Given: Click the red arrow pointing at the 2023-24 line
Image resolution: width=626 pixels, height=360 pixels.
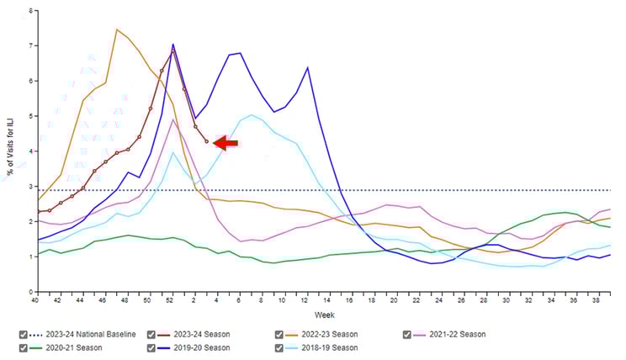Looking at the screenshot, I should click(225, 144).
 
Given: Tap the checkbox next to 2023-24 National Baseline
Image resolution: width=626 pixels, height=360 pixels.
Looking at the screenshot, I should click(24, 334).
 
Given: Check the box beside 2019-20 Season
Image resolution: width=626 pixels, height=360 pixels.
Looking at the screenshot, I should click(151, 347).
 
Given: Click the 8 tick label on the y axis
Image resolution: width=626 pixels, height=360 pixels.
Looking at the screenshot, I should click(31, 11).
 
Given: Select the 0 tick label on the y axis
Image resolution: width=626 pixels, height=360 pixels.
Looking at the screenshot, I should click(31, 292).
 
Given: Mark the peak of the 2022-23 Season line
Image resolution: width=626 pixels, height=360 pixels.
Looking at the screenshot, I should click(117, 29).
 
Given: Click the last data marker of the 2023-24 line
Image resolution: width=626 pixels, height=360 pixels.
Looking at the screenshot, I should click(207, 141).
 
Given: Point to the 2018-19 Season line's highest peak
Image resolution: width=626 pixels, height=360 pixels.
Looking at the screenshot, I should click(252, 115).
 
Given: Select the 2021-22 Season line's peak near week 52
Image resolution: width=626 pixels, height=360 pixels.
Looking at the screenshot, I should click(172, 119).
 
